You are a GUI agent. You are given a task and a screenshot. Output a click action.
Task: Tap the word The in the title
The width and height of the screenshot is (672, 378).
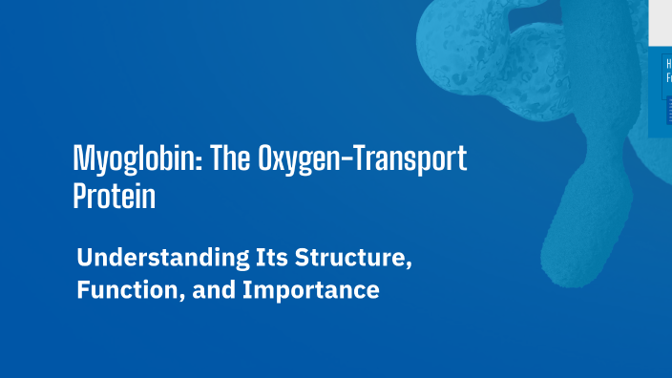[229, 158]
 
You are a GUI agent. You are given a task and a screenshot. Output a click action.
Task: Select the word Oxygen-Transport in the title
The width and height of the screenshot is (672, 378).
[363, 158]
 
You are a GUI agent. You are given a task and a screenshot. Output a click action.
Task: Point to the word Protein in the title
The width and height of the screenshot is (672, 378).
[114, 196]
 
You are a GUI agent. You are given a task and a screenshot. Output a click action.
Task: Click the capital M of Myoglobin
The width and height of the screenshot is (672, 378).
[83, 158]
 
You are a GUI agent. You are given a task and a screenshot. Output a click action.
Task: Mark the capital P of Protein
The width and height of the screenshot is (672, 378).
[80, 196]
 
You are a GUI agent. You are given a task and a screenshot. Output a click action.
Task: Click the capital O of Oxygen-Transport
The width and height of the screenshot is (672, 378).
[266, 158]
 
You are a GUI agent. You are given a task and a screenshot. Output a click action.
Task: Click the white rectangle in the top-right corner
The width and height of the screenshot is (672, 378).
[661, 21]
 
